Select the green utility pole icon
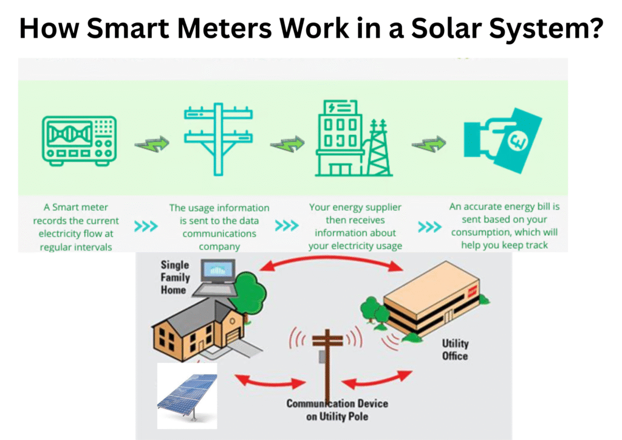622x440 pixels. pos(217,139)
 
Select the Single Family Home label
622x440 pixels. pos(174,277)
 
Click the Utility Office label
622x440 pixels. pos(455,350)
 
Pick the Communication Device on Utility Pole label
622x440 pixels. pos(337,410)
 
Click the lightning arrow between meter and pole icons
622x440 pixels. pos(151,146)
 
